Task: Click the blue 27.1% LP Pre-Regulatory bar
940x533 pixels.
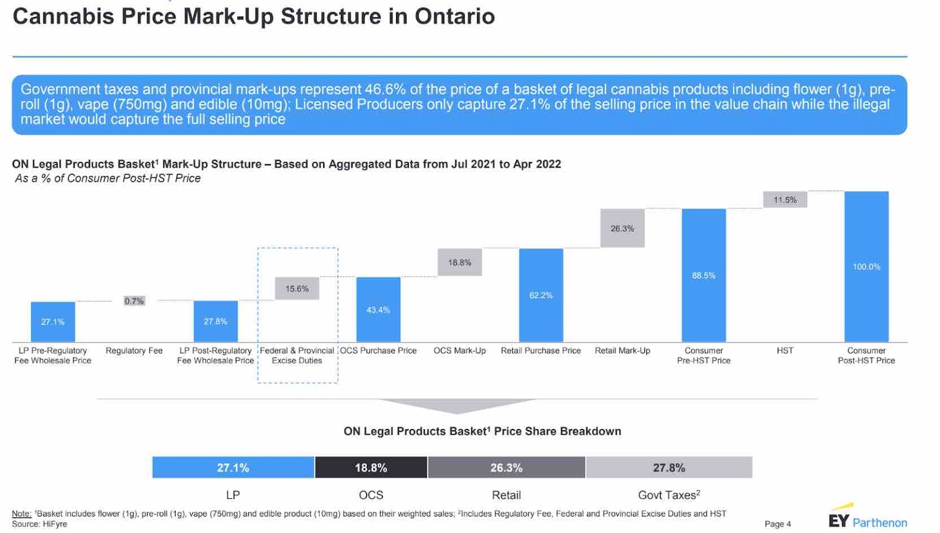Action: click(53, 321)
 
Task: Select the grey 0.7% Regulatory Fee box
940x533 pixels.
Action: click(134, 301)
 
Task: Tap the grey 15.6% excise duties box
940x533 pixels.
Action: click(297, 288)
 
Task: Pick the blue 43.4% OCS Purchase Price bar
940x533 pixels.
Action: click(378, 309)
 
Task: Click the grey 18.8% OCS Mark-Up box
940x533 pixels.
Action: click(459, 262)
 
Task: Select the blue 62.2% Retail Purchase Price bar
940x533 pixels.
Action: click(540, 295)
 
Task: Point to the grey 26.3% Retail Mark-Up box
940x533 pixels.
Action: click(622, 228)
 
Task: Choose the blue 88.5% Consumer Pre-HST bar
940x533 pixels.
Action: click(703, 275)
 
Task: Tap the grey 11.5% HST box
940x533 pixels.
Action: click(785, 199)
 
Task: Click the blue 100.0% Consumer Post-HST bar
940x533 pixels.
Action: click(867, 266)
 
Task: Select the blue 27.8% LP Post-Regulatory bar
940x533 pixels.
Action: click(216, 321)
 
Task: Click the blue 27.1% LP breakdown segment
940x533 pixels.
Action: click(233, 468)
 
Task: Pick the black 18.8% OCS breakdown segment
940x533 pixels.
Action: click(371, 468)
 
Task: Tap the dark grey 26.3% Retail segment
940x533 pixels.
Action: click(506, 468)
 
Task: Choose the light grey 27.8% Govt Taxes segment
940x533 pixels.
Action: click(669, 468)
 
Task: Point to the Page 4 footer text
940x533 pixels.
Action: click(777, 524)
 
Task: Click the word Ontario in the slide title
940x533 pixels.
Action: click(455, 16)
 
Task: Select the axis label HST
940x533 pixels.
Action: click(785, 351)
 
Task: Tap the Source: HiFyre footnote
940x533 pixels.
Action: click(39, 524)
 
